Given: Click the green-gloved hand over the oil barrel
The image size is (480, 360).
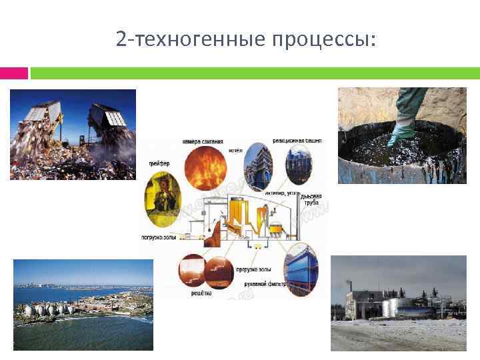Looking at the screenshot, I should click(x=405, y=120).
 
